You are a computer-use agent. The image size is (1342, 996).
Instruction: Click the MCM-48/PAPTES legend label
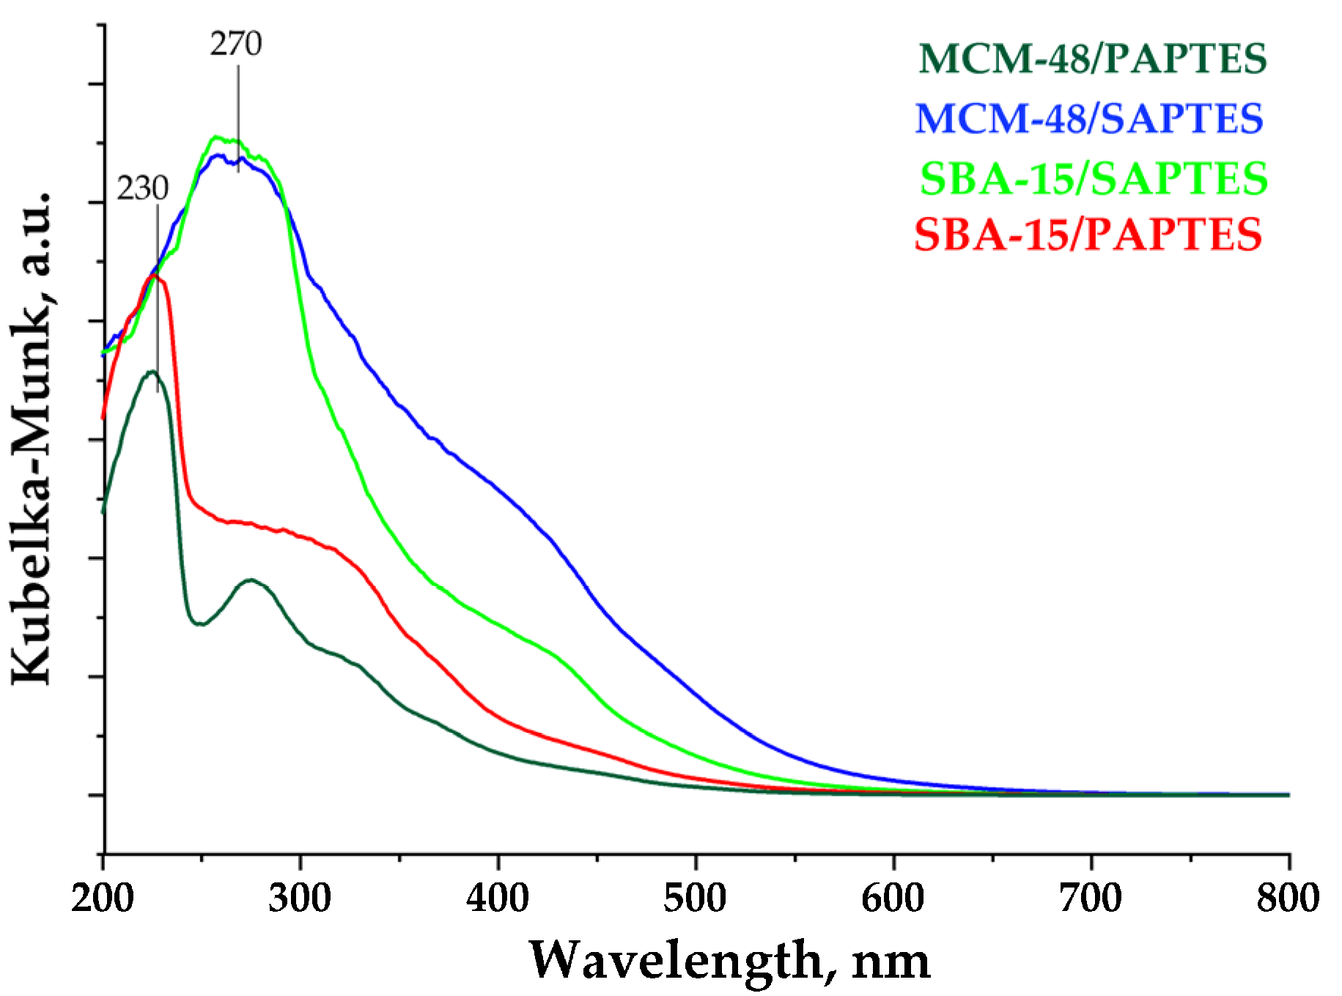click(1092, 59)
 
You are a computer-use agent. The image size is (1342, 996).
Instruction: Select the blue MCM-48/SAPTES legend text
click(1089, 119)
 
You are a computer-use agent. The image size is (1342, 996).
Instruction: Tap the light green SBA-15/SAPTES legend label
click(1094, 179)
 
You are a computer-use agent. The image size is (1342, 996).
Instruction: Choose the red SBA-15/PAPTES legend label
click(1088, 235)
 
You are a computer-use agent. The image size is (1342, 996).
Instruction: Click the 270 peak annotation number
click(235, 44)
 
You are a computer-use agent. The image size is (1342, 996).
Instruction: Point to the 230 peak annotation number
click(142, 189)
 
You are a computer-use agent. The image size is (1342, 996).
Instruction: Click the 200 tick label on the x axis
click(103, 898)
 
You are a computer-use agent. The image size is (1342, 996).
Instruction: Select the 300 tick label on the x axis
click(300, 898)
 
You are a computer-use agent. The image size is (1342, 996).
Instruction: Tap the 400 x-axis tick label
click(498, 898)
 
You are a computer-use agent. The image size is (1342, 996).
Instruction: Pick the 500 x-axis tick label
click(695, 898)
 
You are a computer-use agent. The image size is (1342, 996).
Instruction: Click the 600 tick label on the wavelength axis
click(893, 898)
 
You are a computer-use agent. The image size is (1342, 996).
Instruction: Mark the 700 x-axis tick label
click(1091, 898)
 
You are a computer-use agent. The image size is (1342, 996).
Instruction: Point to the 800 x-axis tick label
click(1288, 898)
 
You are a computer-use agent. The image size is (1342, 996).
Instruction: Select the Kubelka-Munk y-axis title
click(32, 440)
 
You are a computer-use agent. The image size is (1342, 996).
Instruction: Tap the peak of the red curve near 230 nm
click(154, 276)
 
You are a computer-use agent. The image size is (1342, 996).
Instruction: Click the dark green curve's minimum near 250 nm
click(199, 624)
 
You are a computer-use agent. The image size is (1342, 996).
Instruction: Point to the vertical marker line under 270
click(237, 117)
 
